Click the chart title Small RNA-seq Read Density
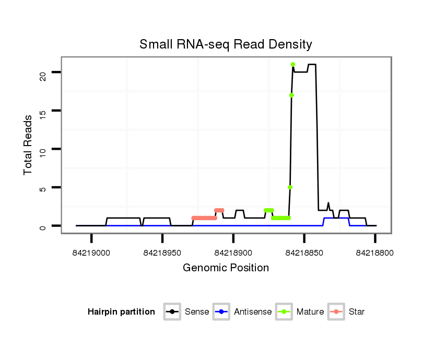226,44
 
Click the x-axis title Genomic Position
226,268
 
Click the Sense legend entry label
197,312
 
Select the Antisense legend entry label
253,312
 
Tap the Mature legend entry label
310,312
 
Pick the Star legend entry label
356,312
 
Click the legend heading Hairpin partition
121,312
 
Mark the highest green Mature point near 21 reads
293,65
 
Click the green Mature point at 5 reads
290,187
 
